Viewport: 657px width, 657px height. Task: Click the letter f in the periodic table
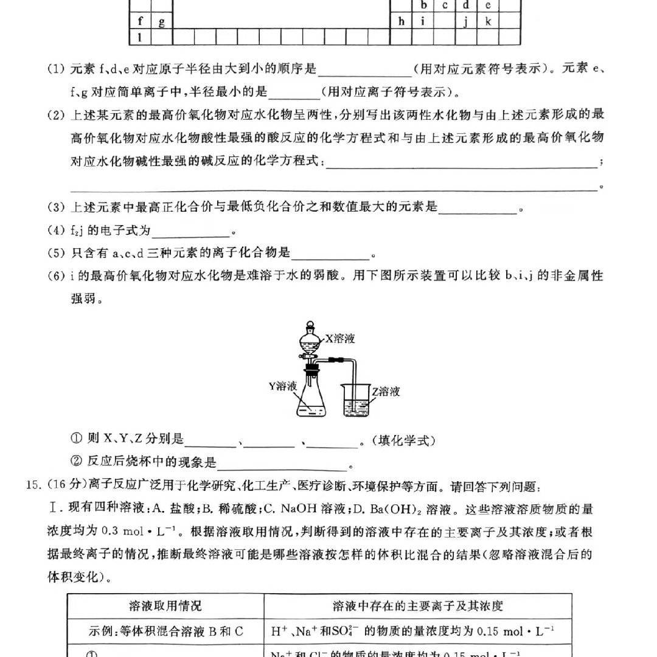(141, 21)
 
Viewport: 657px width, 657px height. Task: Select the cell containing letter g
(161, 22)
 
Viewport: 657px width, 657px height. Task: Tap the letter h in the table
(401, 21)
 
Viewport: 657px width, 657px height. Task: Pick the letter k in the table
(487, 21)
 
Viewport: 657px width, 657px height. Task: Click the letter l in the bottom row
(140, 37)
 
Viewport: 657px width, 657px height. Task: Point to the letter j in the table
(465, 22)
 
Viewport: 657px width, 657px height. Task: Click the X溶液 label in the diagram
(340, 339)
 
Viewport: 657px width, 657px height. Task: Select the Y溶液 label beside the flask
(283, 386)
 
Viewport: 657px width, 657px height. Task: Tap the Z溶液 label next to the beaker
(386, 391)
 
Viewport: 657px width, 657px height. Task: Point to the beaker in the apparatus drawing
(355, 402)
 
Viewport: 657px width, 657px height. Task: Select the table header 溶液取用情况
(165, 606)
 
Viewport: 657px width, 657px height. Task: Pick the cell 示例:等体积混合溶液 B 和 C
(165, 631)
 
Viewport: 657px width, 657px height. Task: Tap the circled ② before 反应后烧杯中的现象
(77, 462)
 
